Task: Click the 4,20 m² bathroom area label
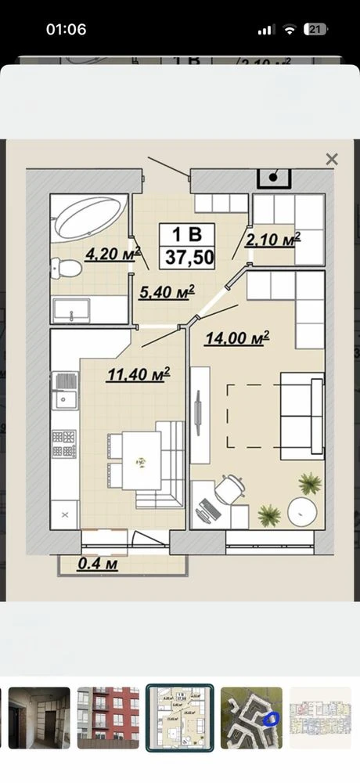point(113,254)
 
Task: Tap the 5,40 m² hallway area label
point(166,291)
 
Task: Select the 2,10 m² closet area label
point(272,239)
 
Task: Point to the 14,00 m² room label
point(237,337)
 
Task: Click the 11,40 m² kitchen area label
point(138,374)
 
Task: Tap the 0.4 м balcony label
point(98,564)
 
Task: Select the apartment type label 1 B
point(187,234)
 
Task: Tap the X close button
point(332,159)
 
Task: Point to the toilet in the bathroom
point(67,268)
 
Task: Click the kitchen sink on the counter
point(66,391)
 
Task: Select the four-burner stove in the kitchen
point(65,443)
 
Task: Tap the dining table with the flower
point(142,460)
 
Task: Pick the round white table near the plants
point(302,511)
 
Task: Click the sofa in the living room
point(302,416)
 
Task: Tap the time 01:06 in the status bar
point(66,30)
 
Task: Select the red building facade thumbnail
point(108,717)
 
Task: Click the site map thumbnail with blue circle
point(252,717)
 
